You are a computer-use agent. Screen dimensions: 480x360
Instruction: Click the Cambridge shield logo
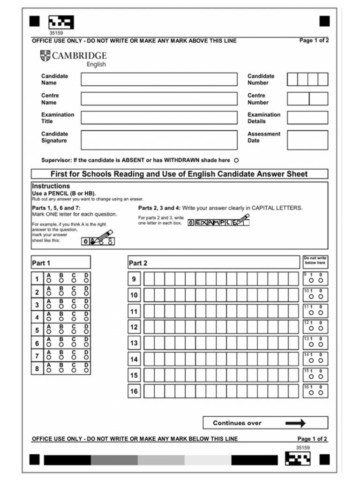(x=45, y=56)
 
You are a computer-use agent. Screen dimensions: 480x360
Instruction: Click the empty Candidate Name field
(x=159, y=79)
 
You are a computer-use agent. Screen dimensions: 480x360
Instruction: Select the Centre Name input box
(x=159, y=98)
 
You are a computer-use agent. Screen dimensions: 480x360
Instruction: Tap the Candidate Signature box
(x=159, y=140)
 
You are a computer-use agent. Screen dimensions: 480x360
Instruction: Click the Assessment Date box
(x=307, y=140)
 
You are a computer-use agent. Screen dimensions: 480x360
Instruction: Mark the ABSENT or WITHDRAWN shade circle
(x=236, y=160)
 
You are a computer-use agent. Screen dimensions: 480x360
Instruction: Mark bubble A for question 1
(x=49, y=280)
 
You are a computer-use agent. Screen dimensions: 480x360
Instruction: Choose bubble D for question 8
(x=86, y=369)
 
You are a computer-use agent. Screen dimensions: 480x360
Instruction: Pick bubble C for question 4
(x=74, y=318)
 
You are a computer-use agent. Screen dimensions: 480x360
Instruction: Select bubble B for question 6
(x=61, y=344)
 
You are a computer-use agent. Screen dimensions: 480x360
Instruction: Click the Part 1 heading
(x=41, y=263)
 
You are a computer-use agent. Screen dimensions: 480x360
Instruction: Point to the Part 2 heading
(x=138, y=263)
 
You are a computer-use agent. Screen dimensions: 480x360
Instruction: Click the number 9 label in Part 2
(x=134, y=279)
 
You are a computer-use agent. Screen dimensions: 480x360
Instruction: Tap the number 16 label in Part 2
(x=134, y=391)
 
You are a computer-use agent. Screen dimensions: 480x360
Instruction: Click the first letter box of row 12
(x=149, y=327)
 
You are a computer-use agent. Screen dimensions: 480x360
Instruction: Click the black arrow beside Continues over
(x=295, y=423)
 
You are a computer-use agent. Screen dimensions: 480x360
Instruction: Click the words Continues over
(x=237, y=423)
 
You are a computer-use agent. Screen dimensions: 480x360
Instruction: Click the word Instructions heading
(x=51, y=186)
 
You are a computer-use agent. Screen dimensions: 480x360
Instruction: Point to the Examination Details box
(x=307, y=118)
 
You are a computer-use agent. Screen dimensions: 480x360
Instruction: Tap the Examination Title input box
(x=159, y=118)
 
